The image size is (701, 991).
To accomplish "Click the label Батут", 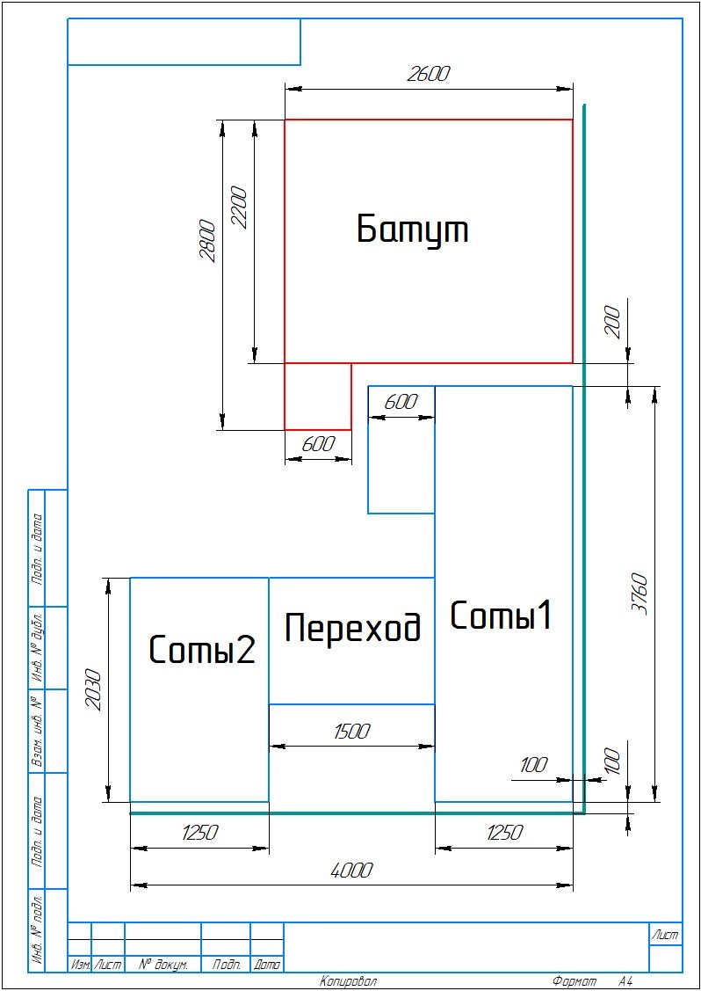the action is [x=412, y=230].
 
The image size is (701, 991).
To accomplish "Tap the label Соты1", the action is [x=501, y=616].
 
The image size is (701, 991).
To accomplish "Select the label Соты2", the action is [x=202, y=649].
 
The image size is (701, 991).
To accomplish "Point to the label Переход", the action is [x=352, y=628].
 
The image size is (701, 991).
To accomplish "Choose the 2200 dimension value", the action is [x=240, y=208].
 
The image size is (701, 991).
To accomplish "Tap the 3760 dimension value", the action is [x=640, y=594].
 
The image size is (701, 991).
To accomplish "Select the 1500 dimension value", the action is [x=351, y=732].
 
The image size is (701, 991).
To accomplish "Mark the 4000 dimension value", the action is [x=351, y=871].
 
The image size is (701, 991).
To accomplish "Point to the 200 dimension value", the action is [x=617, y=322].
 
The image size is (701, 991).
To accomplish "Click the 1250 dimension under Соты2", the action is [x=199, y=833].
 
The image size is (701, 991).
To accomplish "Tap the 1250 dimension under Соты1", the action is [x=504, y=833].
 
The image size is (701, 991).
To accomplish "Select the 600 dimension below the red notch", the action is [x=318, y=444].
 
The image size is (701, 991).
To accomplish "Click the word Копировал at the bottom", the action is [x=348, y=982].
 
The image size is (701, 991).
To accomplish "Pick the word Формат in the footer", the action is [x=575, y=982].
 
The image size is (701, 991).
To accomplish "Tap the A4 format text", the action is [x=625, y=982].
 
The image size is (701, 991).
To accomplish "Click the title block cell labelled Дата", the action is [x=267, y=965].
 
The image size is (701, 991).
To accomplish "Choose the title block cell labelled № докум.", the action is [x=163, y=965].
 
